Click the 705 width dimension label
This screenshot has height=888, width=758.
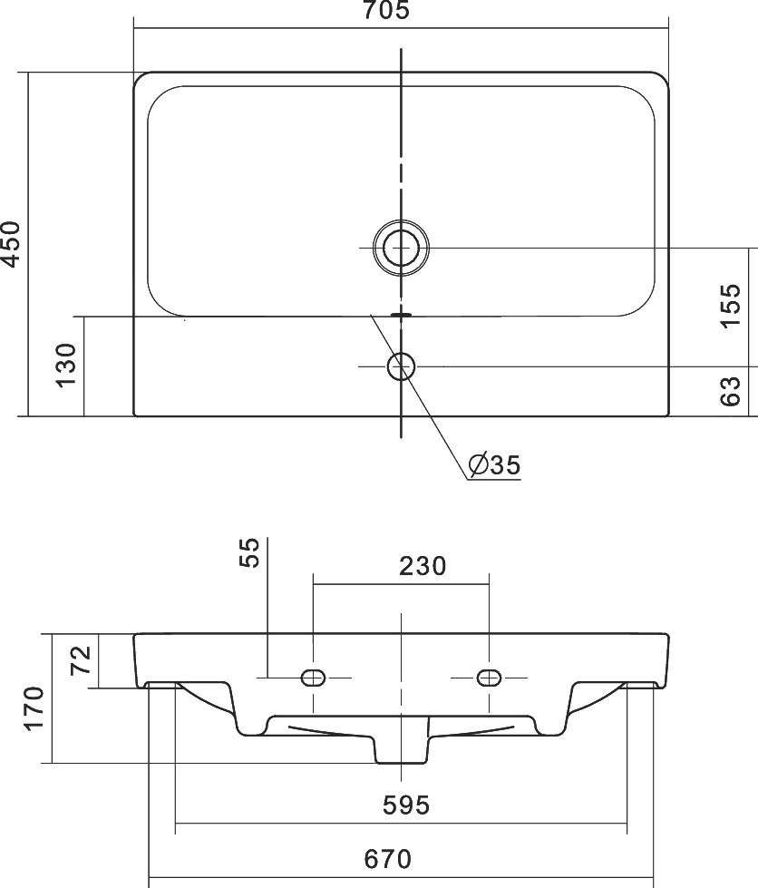386,10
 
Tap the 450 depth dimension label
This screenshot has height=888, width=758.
11,243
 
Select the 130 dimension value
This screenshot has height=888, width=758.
66,365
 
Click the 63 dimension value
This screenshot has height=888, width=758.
730,391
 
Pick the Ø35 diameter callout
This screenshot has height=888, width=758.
494,465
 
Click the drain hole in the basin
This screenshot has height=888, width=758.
401,248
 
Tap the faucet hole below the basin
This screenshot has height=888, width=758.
401,366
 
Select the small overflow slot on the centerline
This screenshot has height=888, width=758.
401,313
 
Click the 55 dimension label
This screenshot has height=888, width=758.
249,552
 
